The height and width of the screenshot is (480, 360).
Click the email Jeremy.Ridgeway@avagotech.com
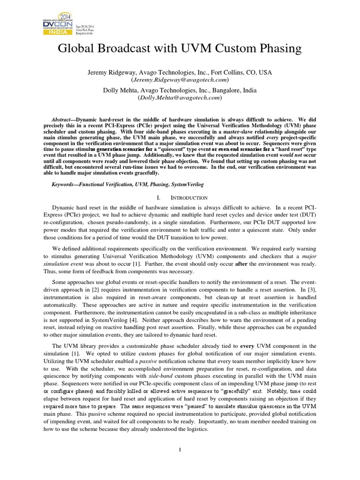click(180, 80)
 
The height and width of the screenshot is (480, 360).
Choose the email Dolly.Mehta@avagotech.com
click(180, 98)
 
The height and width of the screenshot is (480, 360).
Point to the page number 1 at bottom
click(180, 450)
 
